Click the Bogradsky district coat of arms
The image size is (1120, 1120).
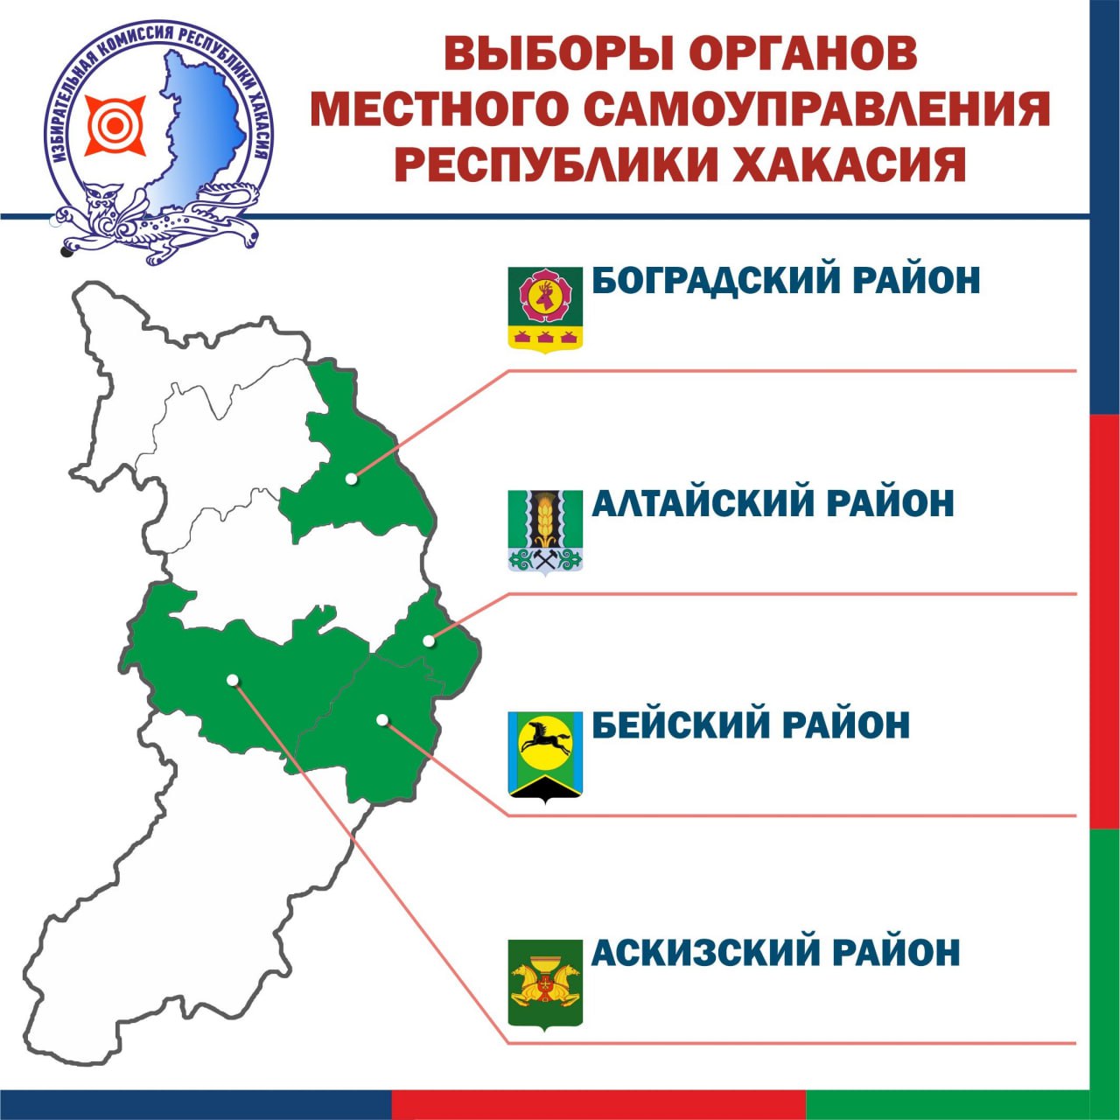pos(545,308)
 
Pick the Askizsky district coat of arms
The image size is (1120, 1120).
pos(545,984)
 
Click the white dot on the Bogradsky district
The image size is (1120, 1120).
pos(351,479)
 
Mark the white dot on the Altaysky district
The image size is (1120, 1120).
pos(429,640)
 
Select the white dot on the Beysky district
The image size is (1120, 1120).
pos(381,720)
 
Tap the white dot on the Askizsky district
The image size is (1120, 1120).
pos(233,680)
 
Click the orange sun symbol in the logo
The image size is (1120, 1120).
pos(115,125)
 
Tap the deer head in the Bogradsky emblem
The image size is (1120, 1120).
pos(545,297)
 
